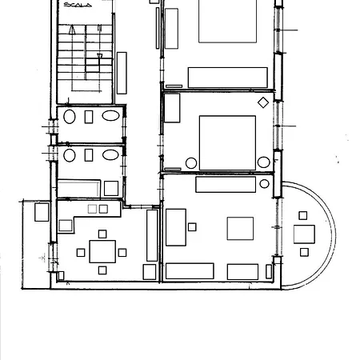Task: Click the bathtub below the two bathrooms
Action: [78, 188]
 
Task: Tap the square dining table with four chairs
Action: [102, 252]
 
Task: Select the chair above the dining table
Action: [102, 234]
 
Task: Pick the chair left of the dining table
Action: [81, 253]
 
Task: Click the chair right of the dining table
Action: [122, 253]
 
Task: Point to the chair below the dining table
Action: [102, 270]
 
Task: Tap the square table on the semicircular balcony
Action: [304, 234]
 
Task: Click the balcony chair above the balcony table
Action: [303, 215]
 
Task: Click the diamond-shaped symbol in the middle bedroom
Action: [263, 102]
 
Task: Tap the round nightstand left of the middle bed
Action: [191, 163]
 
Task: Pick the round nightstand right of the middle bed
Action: [263, 162]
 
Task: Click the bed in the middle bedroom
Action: [227, 142]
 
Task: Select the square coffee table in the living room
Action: [240, 229]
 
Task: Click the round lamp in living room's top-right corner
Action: [265, 184]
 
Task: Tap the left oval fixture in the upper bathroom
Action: [70, 117]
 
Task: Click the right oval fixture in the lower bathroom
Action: [111, 154]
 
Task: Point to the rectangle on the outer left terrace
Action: [42, 212]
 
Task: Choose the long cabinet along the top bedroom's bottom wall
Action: [227, 77]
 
